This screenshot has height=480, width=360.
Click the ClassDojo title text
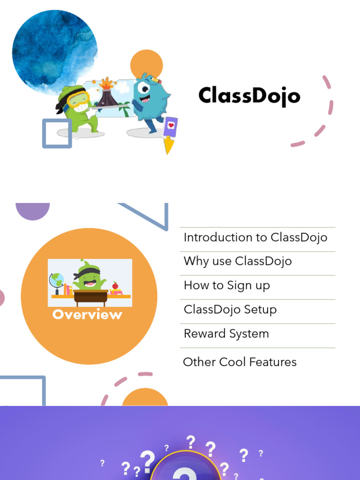pos(249,96)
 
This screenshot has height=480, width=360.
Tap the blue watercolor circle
pos(54,49)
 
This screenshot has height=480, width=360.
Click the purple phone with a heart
pos(171,127)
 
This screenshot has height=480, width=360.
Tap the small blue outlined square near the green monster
pos(57,134)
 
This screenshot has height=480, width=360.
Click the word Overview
pos(87,315)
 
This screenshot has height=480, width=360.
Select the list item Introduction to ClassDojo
pos(255,237)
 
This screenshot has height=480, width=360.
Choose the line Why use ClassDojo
pos(238,261)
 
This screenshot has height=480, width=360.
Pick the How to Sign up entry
pos(227,285)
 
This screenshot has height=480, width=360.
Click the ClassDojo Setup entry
pos(230,309)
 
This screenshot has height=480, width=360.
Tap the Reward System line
pos(226,334)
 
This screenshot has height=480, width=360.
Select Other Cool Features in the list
pos(240,362)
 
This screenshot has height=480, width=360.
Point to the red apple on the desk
pos(115,285)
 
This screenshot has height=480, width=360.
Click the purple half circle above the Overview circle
pos(33,210)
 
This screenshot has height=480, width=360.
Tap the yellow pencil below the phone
pos(169,146)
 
